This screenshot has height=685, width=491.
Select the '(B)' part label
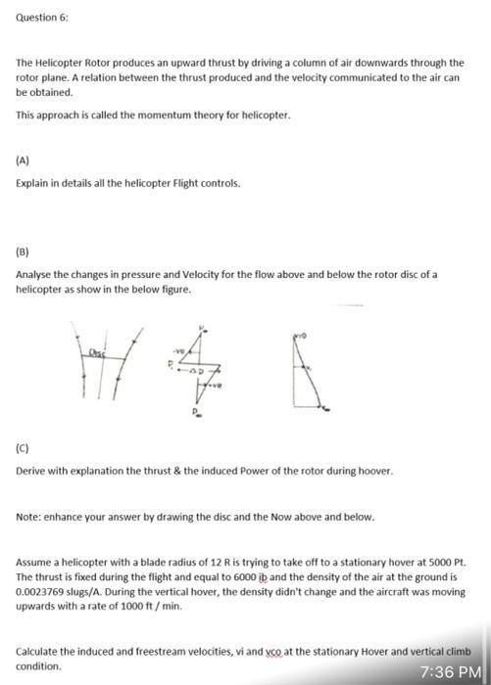[25, 251]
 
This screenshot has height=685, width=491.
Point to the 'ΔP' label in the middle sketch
[213, 377]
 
